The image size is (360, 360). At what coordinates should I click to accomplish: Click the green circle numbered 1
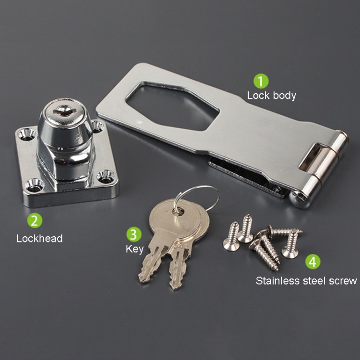261,80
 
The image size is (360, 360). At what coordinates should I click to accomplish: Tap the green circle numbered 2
34,220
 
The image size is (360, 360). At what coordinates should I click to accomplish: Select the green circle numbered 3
134,234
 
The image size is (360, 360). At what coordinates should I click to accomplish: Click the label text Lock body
271,95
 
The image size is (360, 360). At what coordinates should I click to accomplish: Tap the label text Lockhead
39,238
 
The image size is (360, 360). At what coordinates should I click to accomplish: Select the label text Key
134,249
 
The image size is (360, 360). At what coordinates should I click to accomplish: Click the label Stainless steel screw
306,280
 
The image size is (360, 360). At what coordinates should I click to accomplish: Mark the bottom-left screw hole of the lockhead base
36,183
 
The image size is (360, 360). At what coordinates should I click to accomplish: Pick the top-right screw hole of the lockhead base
97,126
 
